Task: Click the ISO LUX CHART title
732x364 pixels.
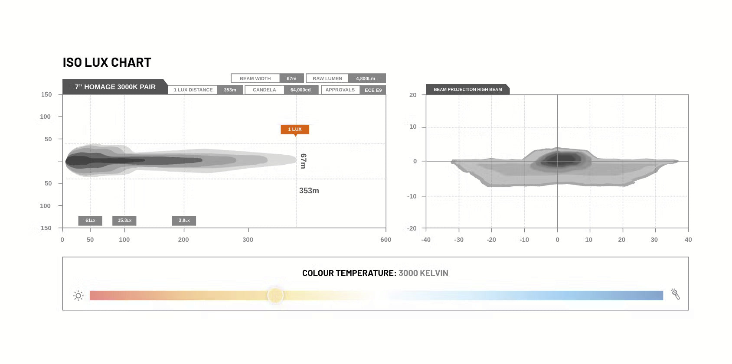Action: click(x=107, y=62)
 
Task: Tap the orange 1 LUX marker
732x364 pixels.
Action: click(x=295, y=129)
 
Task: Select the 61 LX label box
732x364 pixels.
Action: click(x=90, y=221)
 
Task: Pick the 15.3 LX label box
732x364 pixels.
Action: click(x=124, y=221)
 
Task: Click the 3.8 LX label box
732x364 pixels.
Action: click(x=184, y=221)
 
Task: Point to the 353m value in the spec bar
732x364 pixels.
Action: click(x=230, y=90)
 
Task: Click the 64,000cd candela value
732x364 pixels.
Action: click(x=301, y=90)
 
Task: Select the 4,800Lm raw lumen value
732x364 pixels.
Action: click(x=366, y=79)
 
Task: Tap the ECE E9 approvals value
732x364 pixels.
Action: click(x=373, y=90)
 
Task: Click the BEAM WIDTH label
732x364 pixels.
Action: click(x=255, y=79)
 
